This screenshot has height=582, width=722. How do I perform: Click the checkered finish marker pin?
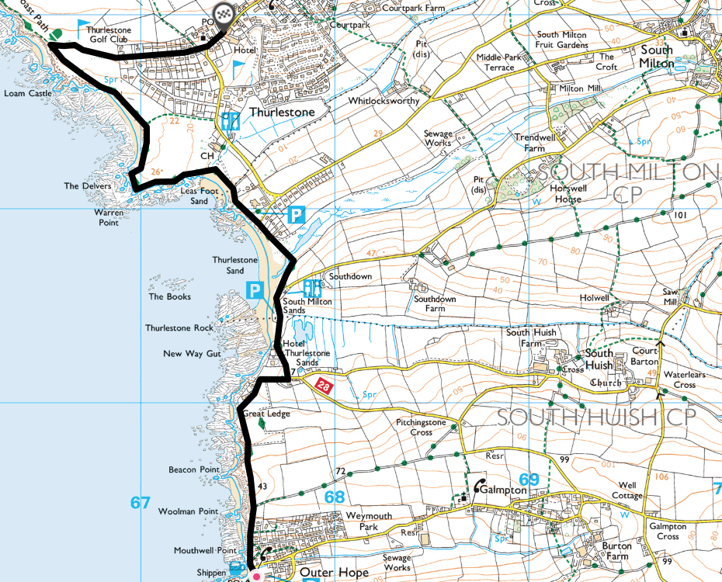[x=224, y=14]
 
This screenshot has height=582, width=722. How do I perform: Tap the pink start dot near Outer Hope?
[x=257, y=577]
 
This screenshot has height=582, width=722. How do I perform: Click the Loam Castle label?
[x=27, y=93]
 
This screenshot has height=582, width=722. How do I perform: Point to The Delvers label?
[x=88, y=186]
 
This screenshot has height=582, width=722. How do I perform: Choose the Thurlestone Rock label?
[x=179, y=327]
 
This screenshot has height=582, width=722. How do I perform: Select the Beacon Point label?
[x=194, y=470]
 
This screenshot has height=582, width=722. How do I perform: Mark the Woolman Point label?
[x=188, y=511]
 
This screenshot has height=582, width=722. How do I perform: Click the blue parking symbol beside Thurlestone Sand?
[x=254, y=291]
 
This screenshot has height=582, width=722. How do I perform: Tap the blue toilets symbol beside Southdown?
[x=312, y=288]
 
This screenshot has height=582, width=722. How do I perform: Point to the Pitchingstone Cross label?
[x=422, y=428]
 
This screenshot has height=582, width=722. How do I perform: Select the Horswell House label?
[x=557, y=193]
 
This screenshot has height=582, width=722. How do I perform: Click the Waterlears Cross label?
[x=674, y=379]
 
